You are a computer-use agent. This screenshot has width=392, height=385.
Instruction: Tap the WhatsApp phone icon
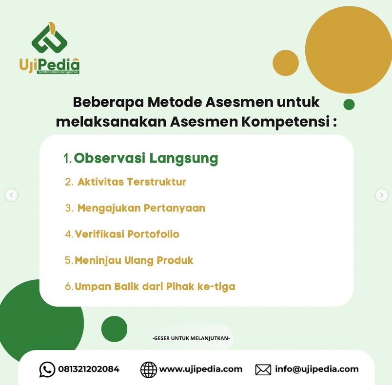[47, 369]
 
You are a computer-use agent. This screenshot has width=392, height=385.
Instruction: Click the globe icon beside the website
[149, 369]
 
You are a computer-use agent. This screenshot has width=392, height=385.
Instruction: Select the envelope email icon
[263, 369]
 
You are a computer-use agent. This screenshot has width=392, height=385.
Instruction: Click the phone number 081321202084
[89, 369]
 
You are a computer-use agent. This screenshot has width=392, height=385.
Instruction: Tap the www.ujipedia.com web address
[201, 369]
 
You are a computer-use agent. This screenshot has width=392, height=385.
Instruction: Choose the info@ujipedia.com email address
[317, 369]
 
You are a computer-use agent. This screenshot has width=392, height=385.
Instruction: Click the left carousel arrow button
[11, 195]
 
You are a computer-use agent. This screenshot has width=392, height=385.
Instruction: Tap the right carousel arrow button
[381, 195]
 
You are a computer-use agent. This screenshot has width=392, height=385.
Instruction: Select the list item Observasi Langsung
[146, 159]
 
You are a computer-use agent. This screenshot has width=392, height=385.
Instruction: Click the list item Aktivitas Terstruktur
[132, 182]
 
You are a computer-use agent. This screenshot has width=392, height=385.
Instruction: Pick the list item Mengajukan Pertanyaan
[141, 208]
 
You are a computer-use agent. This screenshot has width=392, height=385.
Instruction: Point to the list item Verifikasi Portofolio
[127, 234]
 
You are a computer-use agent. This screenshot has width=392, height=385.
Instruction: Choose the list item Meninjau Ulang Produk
[134, 260]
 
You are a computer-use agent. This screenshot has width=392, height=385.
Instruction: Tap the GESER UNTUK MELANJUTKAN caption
[191, 338]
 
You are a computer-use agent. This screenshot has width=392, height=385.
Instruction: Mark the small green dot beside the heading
[349, 104]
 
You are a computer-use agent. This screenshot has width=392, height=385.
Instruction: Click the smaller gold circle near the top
[286, 63]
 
